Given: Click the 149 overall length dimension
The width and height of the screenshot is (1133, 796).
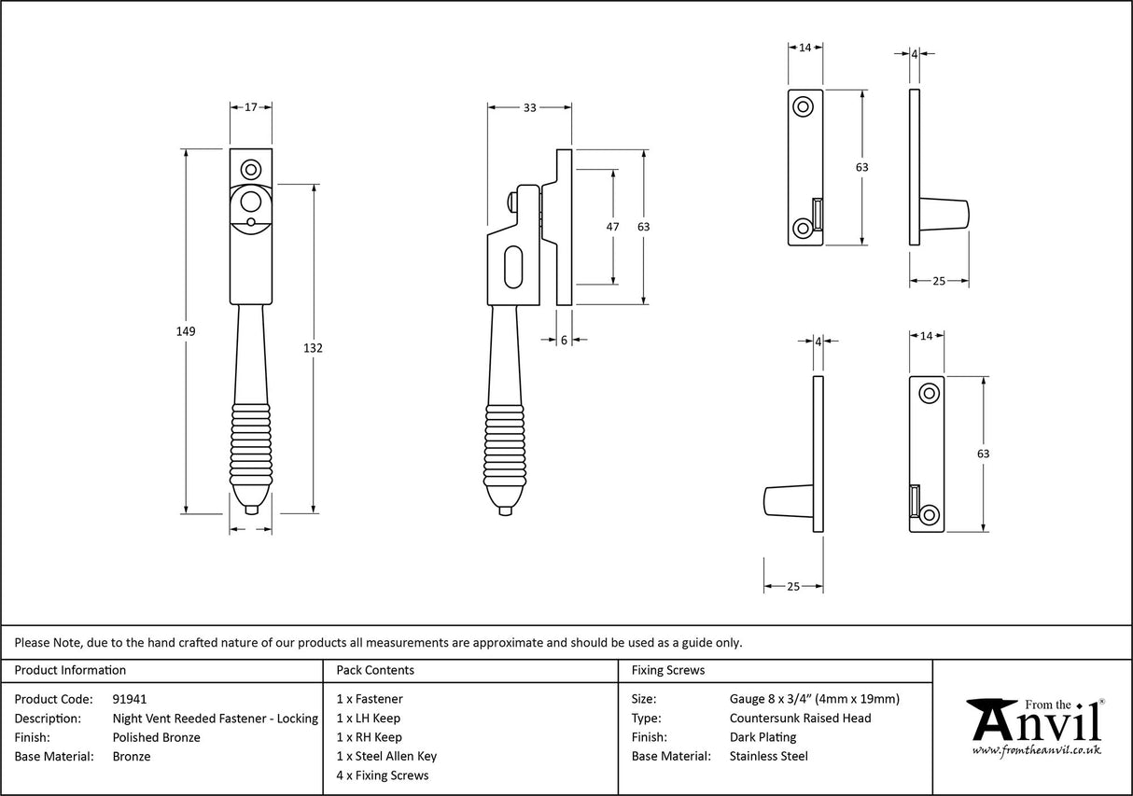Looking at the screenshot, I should [x=187, y=331].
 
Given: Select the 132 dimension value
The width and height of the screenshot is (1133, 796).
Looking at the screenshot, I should [x=314, y=348].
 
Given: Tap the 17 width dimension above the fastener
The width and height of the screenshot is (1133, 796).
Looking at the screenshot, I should [x=251, y=108].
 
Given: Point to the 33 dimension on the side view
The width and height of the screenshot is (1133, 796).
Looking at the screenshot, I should [x=529, y=108].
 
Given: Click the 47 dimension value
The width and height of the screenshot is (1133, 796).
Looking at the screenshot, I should [x=613, y=227].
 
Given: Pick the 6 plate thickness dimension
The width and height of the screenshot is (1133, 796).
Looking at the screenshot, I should [x=565, y=341].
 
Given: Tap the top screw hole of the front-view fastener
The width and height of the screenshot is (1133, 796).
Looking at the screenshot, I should [x=250, y=170].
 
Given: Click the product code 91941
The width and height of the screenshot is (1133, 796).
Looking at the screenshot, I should [x=129, y=699].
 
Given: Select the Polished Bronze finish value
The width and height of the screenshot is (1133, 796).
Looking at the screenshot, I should [x=156, y=737].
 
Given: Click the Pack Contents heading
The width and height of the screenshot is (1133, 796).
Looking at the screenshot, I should [x=375, y=670].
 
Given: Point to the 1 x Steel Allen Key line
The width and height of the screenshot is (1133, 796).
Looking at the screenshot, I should [x=386, y=756].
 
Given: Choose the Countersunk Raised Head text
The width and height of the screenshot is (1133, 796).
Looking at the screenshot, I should [x=800, y=718].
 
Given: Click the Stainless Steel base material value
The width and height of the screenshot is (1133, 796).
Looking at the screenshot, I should [x=769, y=756].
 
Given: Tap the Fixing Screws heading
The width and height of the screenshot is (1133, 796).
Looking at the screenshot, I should [x=668, y=670].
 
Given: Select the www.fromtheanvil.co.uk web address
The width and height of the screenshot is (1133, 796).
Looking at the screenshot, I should [x=1036, y=749].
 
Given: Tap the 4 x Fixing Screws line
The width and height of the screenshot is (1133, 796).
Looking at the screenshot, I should [x=383, y=775].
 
